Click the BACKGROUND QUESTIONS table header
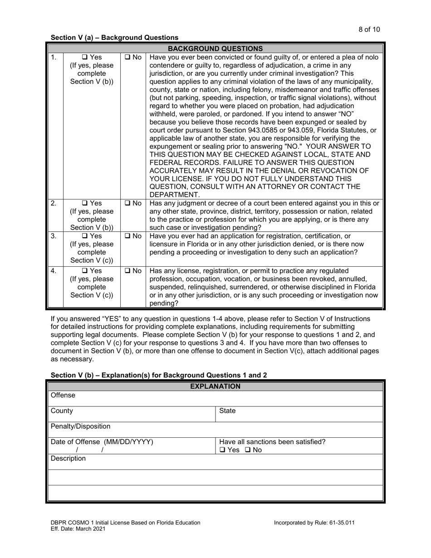215,48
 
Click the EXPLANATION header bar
215,387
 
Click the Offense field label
63,396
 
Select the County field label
62,411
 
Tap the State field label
227,411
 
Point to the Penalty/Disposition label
74,426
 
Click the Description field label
68,459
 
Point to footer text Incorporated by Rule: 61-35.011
314,523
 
